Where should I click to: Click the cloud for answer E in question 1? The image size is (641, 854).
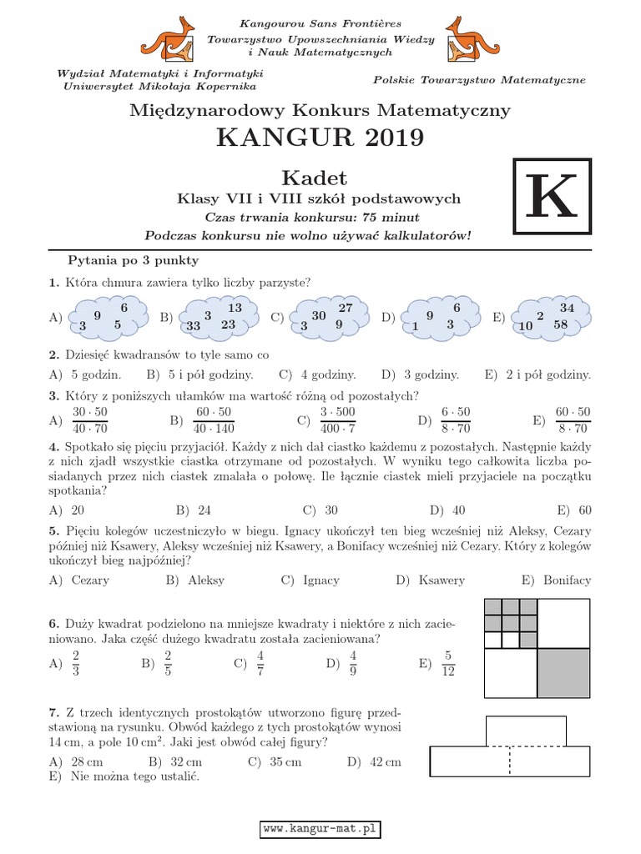552,317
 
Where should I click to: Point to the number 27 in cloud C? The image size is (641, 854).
346,308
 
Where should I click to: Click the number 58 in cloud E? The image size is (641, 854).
560,324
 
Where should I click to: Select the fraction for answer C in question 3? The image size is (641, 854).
337,420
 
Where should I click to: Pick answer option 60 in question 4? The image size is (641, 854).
584,510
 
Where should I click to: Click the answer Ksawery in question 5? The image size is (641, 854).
441,580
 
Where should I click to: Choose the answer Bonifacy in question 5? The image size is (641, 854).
567,580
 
